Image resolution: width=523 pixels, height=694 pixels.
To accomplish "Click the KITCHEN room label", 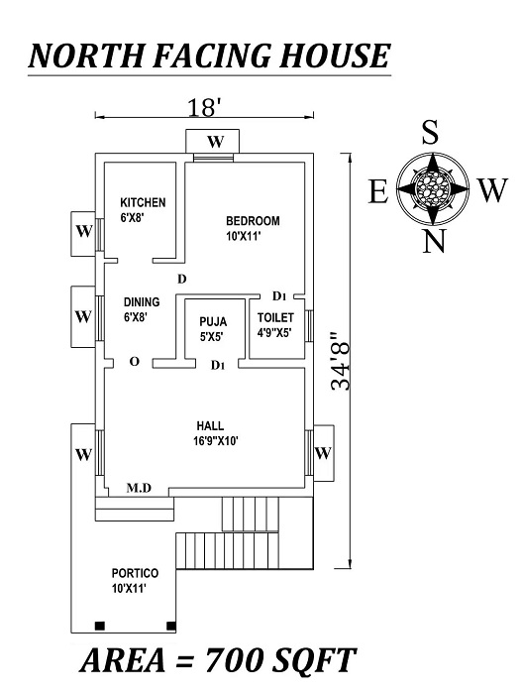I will click(x=143, y=202).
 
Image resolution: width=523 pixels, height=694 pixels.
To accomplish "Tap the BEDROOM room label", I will click(x=253, y=220).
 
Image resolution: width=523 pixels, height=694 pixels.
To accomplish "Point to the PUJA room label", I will click(x=213, y=321).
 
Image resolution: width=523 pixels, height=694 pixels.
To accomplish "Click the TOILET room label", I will click(x=275, y=317).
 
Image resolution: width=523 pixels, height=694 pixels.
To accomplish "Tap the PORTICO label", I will click(x=135, y=574).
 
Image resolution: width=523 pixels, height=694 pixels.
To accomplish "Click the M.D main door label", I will click(x=139, y=488).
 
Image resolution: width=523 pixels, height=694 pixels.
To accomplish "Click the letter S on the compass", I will click(x=430, y=134).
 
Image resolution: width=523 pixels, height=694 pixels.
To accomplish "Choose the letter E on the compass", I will click(x=378, y=190).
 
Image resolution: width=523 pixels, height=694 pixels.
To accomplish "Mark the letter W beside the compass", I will click(x=490, y=190).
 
